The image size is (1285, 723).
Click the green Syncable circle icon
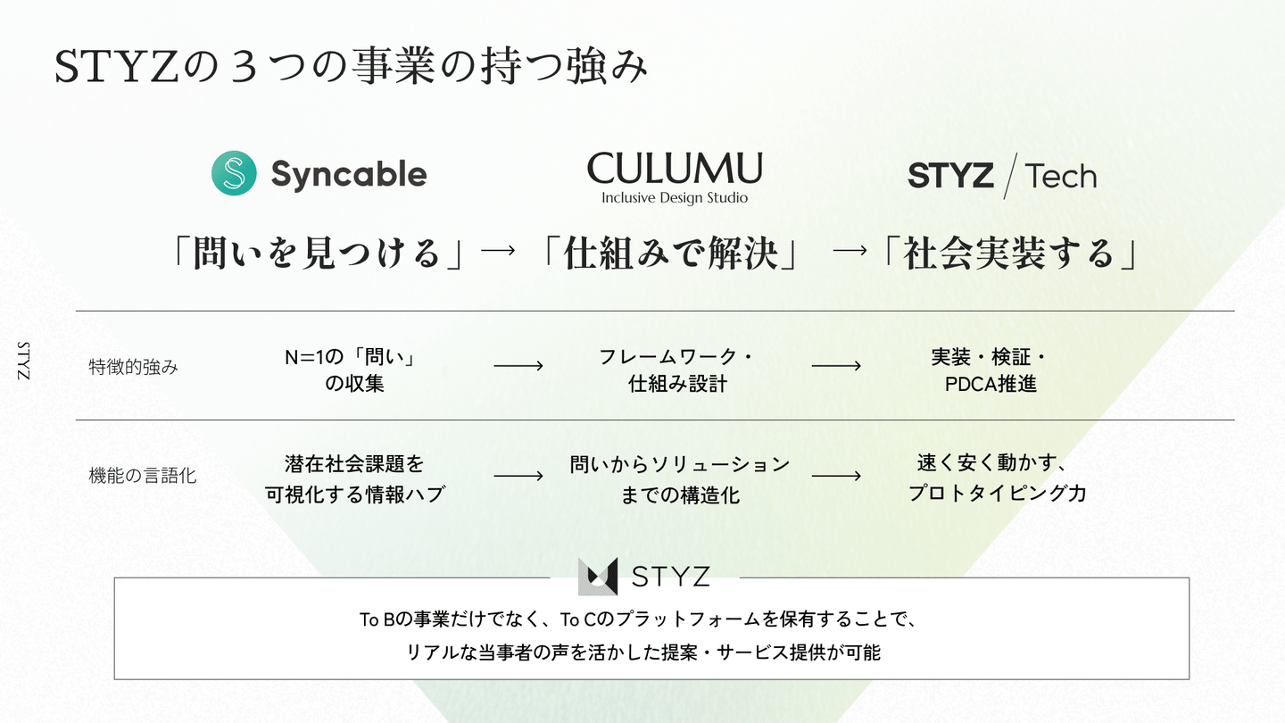234,173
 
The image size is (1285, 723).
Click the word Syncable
348,175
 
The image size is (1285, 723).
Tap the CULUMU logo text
675,168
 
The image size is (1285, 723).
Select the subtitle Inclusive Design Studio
675,198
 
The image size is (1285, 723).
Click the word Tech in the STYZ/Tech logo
1060,176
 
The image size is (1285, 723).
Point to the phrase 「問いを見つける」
320,254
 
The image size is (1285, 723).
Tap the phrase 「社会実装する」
1008,254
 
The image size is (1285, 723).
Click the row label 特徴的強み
134,366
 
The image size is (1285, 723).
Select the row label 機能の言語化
143,476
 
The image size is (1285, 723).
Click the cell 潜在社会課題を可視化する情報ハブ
354,479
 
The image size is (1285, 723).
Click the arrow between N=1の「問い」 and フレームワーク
518,366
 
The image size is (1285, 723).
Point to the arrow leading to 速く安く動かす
836,476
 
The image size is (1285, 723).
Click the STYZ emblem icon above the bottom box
598,577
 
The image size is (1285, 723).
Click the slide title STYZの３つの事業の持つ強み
351,68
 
